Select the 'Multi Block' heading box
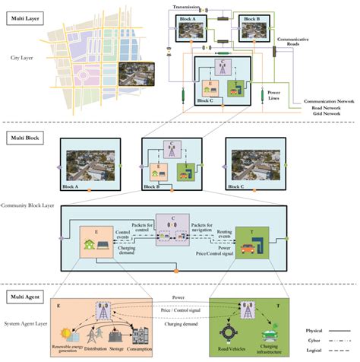pos(25,137)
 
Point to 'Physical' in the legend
pos(314,331)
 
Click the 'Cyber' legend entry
pos(311,342)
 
